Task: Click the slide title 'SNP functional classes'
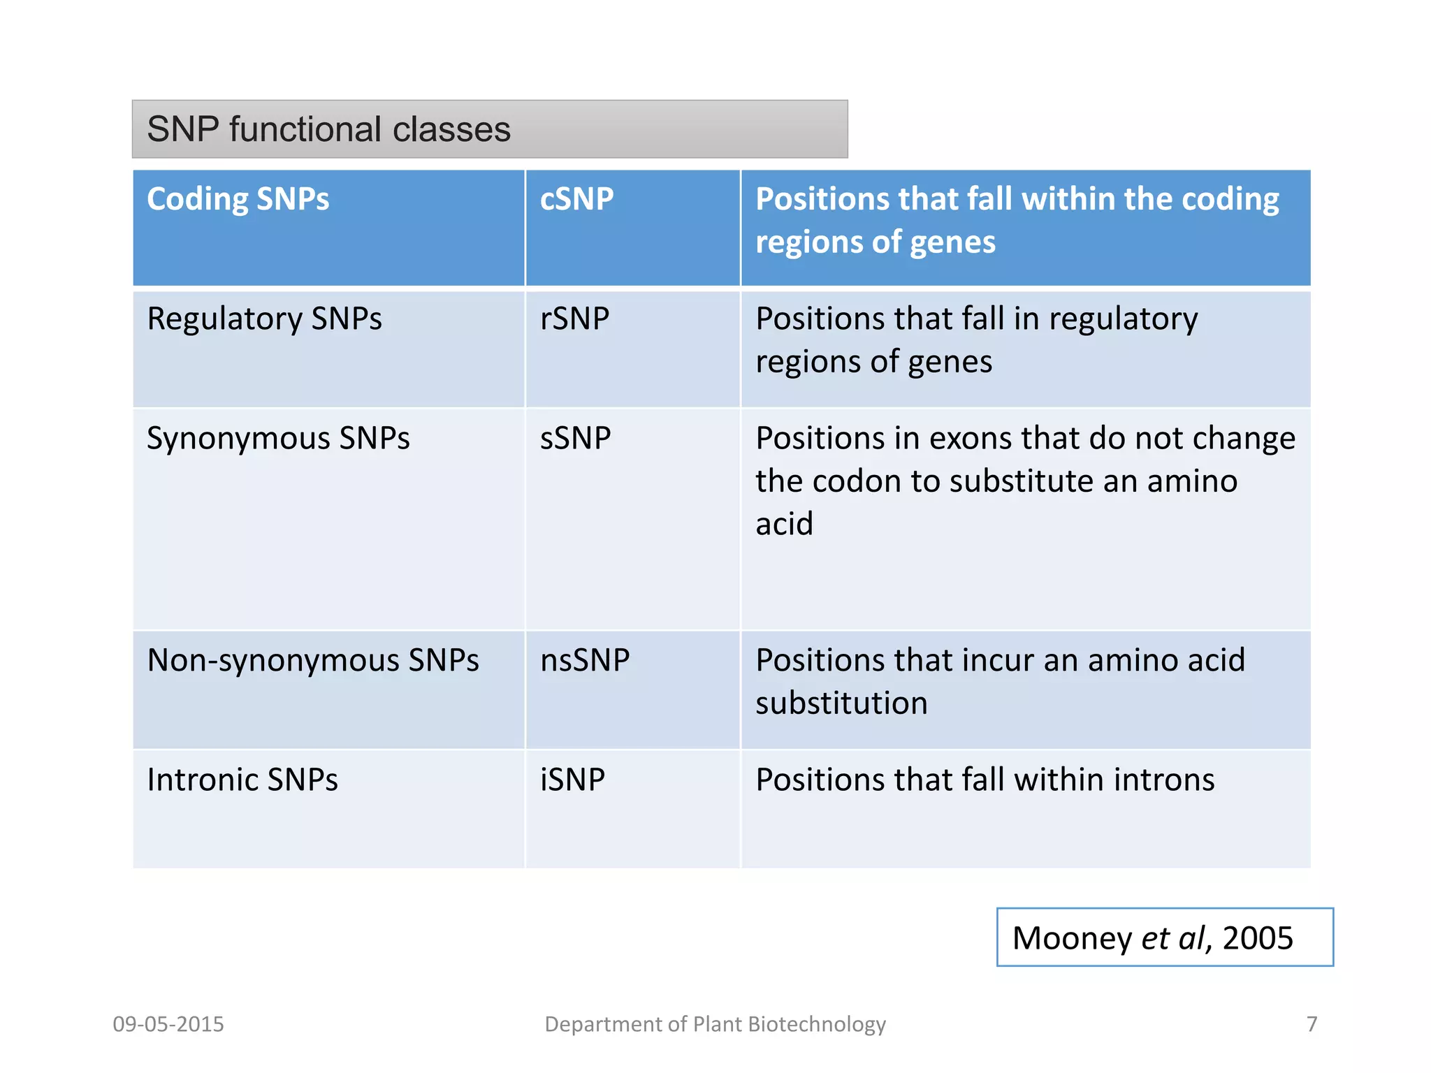click(328, 130)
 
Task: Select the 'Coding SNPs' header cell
click(238, 199)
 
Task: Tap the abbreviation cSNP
click(576, 199)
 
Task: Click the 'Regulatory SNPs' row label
click(264, 319)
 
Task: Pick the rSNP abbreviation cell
click(574, 319)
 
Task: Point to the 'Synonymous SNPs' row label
click(278, 439)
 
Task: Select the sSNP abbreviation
click(575, 439)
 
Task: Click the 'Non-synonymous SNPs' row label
click(312, 661)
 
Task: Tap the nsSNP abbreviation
click(585, 661)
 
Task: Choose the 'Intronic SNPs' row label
click(242, 780)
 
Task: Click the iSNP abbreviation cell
click(572, 780)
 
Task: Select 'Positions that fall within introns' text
click(985, 780)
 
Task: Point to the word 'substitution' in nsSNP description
click(841, 703)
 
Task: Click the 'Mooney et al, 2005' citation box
click(1164, 937)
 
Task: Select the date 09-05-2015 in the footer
click(168, 1024)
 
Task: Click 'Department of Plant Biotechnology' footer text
click(715, 1024)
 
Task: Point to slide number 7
click(1312, 1024)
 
